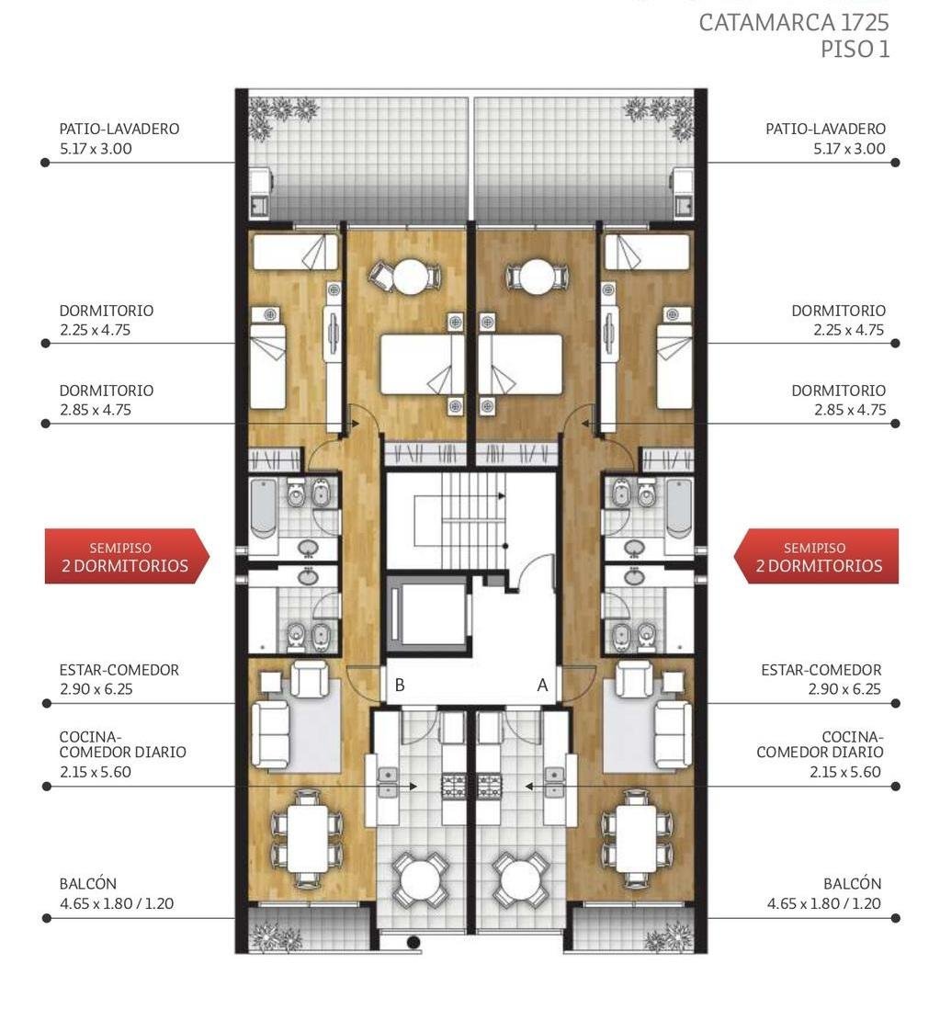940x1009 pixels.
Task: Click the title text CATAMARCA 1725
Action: (793, 23)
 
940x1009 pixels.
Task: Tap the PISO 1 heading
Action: (855, 50)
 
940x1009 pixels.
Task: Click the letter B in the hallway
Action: (400, 686)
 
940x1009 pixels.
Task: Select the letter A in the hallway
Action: (542, 686)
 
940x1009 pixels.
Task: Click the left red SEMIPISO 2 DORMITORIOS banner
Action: (127, 557)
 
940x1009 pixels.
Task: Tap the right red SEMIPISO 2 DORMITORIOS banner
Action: (817, 557)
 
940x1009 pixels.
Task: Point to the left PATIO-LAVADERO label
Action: (119, 129)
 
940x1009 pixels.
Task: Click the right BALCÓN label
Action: (853, 884)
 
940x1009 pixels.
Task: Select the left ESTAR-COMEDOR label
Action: (119, 670)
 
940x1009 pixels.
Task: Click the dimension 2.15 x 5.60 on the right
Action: (844, 772)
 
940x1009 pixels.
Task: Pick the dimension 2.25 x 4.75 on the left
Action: (96, 330)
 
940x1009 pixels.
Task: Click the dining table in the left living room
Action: (308, 839)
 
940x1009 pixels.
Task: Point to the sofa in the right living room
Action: (673, 734)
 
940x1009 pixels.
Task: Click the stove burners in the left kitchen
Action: (454, 787)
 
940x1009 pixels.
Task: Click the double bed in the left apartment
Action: (422, 364)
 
